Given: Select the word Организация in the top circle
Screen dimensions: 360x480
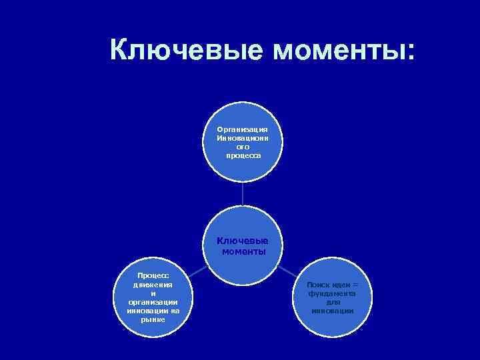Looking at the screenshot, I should point(243,129).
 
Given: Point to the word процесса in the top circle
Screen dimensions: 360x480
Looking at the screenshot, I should point(243,155).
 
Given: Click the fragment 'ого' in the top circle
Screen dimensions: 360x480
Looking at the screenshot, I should point(243,147).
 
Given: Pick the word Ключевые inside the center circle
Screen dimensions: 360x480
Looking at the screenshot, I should point(243,241).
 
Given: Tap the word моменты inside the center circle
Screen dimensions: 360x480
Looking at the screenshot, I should point(243,251).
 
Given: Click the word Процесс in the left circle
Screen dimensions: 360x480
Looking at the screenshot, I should point(153,276).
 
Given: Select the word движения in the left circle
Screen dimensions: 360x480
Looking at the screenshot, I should point(153,285).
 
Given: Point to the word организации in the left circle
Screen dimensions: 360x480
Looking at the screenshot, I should point(153,302).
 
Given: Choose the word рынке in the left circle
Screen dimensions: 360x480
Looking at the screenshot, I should point(153,319).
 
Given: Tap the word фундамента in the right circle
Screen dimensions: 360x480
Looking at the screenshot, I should point(333,293).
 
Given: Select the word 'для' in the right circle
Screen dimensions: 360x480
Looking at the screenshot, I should point(333,302).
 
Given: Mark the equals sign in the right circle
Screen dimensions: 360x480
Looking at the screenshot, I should point(355,285).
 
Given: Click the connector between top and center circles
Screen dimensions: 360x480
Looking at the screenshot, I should point(243,193).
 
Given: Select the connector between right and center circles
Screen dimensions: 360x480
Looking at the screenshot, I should point(287,270).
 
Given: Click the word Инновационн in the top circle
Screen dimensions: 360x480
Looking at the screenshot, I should point(243,138).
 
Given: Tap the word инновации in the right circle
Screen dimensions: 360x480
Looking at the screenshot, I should point(333,311).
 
